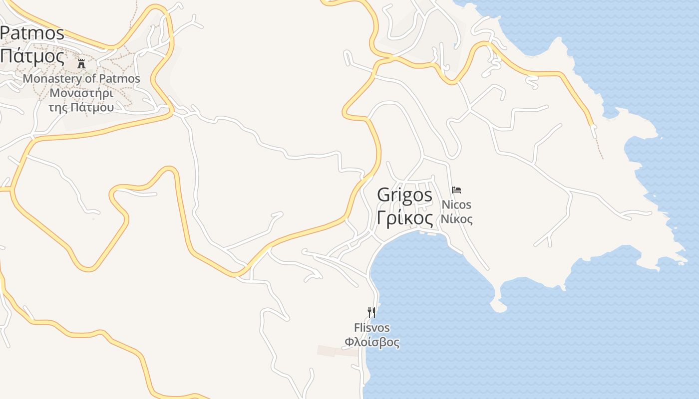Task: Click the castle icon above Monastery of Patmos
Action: click(x=81, y=63)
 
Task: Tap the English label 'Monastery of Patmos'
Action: click(x=81, y=79)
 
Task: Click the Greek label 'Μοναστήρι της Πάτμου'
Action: click(x=81, y=100)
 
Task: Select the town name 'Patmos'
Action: click(x=32, y=33)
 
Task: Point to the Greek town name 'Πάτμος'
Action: click(x=32, y=55)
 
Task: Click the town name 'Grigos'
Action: click(x=404, y=195)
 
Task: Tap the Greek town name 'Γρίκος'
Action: click(x=404, y=218)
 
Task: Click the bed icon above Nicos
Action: click(x=456, y=190)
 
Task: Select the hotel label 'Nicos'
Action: click(x=456, y=204)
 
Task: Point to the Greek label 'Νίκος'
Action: click(x=456, y=219)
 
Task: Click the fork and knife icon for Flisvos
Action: click(x=371, y=313)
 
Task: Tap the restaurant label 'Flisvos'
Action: click(x=372, y=328)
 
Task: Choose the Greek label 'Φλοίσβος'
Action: click(x=372, y=342)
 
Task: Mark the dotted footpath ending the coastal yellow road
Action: click(x=599, y=147)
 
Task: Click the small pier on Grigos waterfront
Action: click(x=427, y=232)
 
